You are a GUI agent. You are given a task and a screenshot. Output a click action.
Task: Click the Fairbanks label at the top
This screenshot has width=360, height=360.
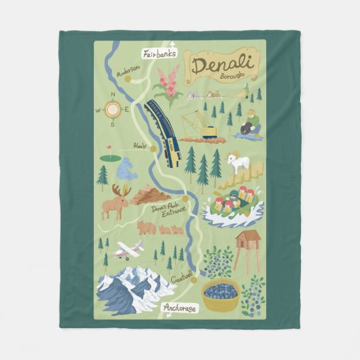point(159,52)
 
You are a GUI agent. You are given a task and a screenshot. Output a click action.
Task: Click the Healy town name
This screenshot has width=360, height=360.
point(140,145)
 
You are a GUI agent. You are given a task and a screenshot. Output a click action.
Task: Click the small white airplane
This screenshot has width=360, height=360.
point(128,250)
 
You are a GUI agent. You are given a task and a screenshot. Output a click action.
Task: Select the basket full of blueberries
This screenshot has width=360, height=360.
point(221,294)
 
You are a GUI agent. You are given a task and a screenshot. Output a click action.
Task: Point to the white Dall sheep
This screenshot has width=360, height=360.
point(238,163)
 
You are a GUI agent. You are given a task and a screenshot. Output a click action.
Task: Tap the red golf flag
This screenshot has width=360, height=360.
point(107,149)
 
